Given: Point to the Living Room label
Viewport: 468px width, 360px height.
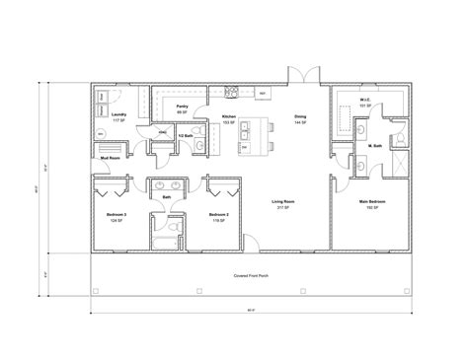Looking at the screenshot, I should coord(284,202).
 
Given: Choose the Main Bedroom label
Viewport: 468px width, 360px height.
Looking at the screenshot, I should coord(371,202).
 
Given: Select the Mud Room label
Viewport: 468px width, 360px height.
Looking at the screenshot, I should coord(109,157).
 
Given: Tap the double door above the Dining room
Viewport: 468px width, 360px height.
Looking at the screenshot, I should coord(297,77).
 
